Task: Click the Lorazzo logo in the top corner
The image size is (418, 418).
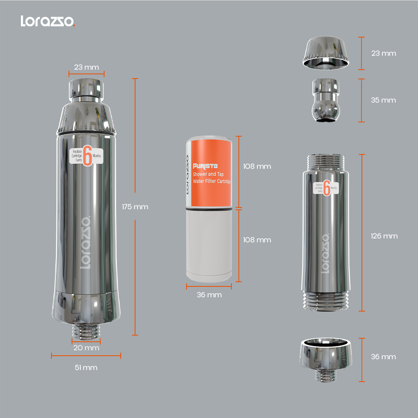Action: pyautogui.click(x=48, y=21)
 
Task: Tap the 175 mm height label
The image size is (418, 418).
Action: pyautogui.click(x=135, y=207)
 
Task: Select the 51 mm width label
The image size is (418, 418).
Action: pyautogui.click(x=86, y=368)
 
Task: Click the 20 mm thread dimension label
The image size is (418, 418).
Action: pyautogui.click(x=86, y=348)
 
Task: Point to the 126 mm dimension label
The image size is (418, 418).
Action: pyautogui.click(x=384, y=236)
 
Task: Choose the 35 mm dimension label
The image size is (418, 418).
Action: pyautogui.click(x=383, y=100)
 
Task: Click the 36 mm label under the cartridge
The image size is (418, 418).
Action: pyautogui.click(x=209, y=295)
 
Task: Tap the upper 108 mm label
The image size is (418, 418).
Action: pyautogui.click(x=257, y=166)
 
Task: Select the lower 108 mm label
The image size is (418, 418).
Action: pyautogui.click(x=257, y=240)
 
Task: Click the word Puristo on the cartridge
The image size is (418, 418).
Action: pyautogui.click(x=205, y=166)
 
